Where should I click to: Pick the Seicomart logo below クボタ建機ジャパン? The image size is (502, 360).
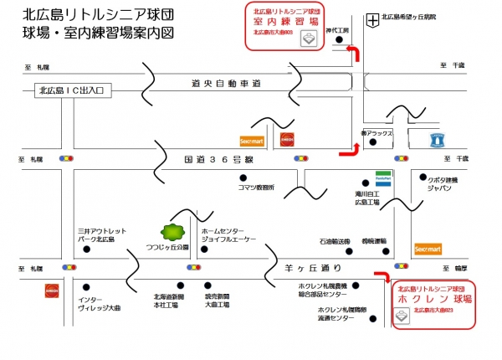click(428, 249)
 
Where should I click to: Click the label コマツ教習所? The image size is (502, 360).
click(256, 188)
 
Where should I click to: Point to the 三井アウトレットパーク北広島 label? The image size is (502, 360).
click(101, 235)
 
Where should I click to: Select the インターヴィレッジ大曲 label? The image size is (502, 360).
click(99, 304)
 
